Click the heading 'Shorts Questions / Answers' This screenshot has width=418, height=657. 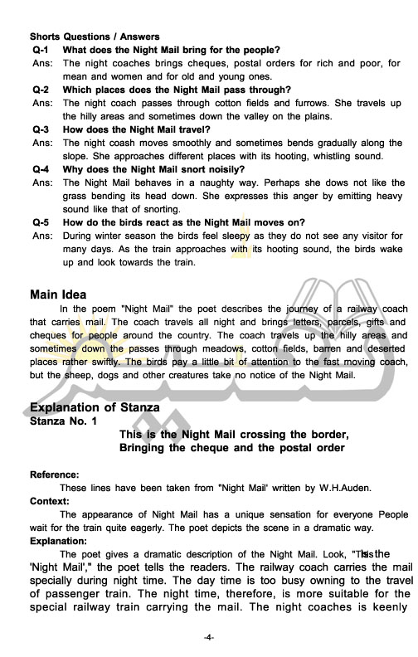click(95, 36)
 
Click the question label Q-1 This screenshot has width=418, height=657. click(41, 50)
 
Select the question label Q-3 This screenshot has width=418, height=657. click(41, 129)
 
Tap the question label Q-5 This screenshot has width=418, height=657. click(41, 222)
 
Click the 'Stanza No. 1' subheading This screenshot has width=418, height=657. click(62, 421)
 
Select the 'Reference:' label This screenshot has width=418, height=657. click(55, 474)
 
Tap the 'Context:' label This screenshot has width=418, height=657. click(50, 501)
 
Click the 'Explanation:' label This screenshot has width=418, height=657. click(59, 540)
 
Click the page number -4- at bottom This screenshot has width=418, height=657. click(209, 637)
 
